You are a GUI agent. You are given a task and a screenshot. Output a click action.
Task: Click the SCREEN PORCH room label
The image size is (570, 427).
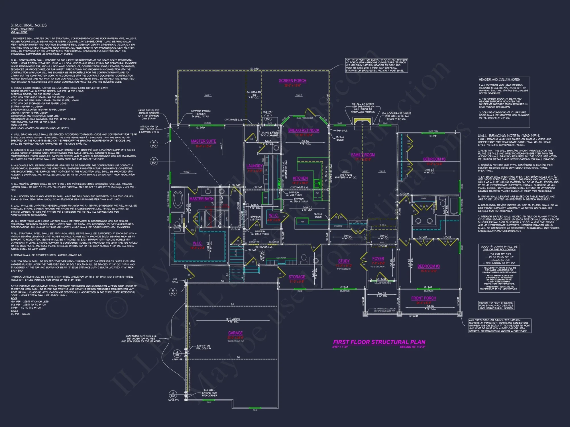292,81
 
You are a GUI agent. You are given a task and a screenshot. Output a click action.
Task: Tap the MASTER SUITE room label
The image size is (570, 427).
203,141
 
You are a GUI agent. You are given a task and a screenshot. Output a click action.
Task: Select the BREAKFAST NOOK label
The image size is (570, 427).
304,130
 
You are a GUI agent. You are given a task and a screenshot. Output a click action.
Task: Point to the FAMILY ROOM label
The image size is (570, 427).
363,155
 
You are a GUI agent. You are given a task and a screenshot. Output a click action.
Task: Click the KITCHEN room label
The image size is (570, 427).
300,178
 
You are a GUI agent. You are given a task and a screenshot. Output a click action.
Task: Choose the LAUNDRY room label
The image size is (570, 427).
255,166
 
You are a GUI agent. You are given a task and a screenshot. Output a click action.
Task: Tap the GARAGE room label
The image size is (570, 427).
235,333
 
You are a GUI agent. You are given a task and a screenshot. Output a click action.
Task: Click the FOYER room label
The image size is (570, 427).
378,259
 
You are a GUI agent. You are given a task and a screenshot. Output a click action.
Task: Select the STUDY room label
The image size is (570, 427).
344,261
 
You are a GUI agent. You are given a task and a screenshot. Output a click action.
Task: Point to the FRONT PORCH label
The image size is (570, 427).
424,298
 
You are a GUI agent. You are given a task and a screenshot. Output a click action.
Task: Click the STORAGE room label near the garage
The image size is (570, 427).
297,277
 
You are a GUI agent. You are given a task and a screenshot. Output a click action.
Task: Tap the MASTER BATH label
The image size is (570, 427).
201,199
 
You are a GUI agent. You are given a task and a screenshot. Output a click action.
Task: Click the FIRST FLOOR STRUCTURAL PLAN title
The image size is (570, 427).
379,342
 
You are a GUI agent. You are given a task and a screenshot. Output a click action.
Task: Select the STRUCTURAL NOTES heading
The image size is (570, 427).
28,25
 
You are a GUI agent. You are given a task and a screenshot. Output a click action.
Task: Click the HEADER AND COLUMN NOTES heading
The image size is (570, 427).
499,79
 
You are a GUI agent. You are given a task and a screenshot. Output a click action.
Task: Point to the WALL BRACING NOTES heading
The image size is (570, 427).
509,136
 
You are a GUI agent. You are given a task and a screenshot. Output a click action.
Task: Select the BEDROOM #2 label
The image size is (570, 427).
434,159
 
